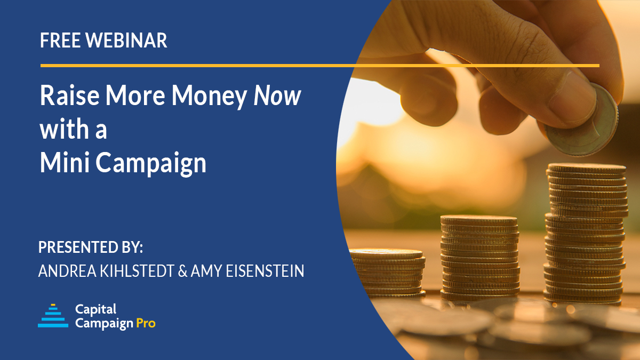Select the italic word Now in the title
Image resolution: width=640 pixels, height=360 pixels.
click(277, 96)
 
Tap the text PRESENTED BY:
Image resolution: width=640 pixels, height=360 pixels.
click(91, 248)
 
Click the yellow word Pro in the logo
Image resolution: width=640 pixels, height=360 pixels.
click(146, 323)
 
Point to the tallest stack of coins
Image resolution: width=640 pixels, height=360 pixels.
click(586, 235)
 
